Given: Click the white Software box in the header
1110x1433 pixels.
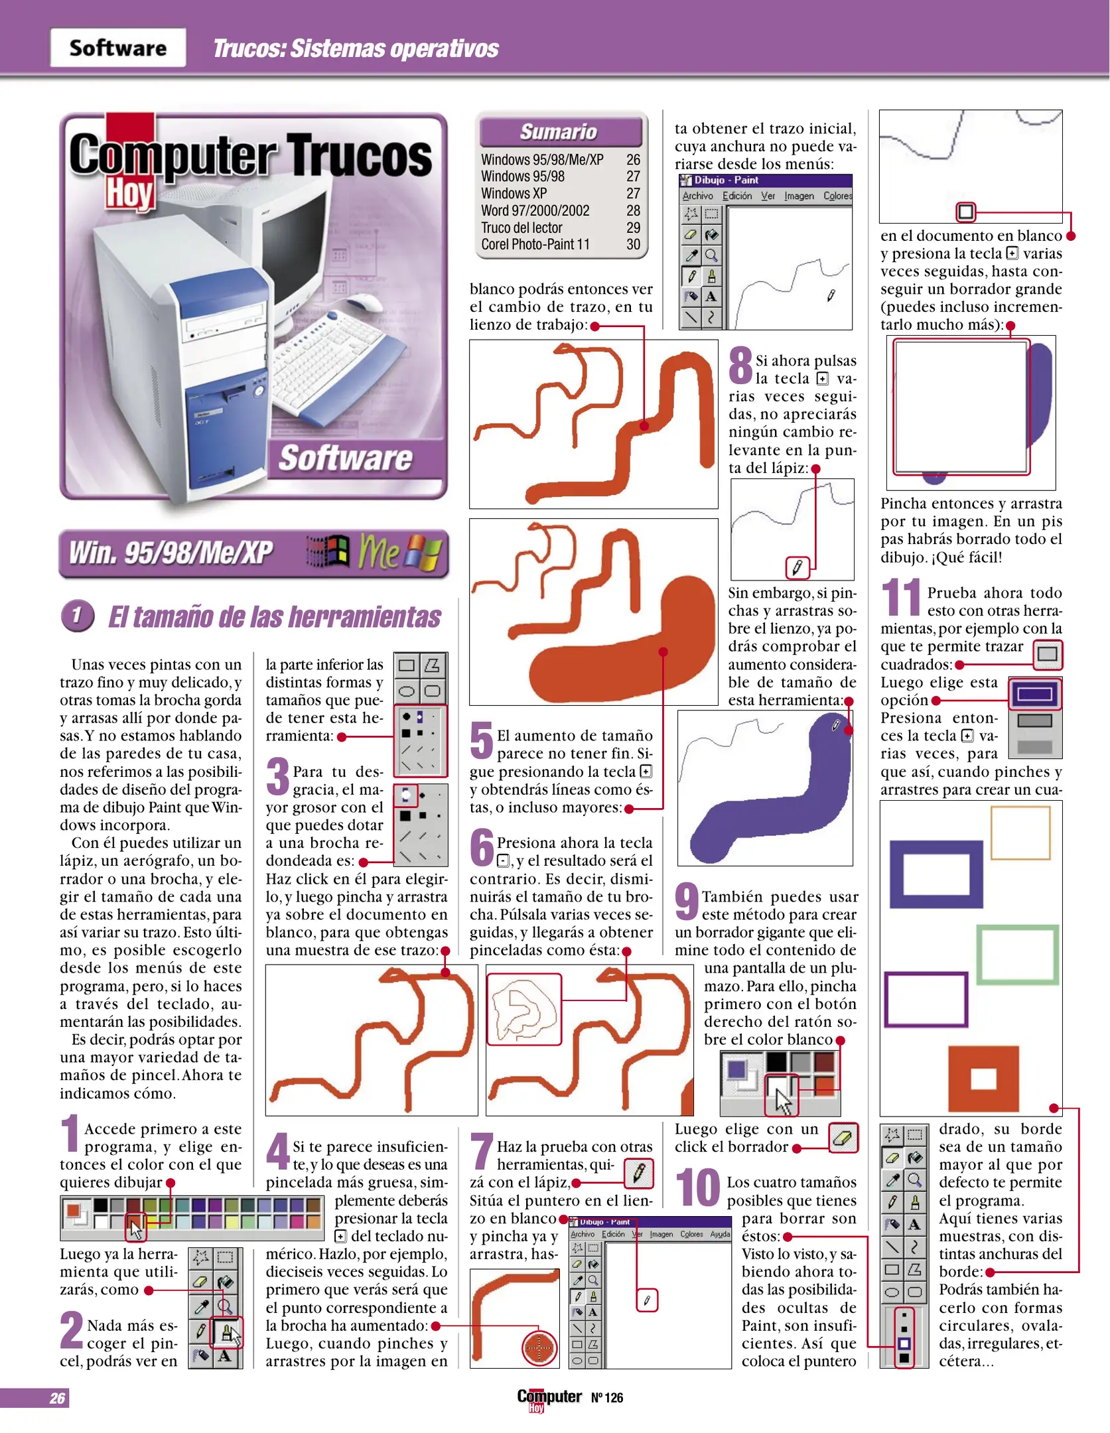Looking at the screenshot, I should pyautogui.click(x=117, y=48).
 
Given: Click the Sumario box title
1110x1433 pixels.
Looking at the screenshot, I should pyautogui.click(x=559, y=131).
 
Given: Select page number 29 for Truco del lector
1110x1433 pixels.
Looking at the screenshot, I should pyautogui.click(x=633, y=228).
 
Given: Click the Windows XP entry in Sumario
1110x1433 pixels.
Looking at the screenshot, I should pyautogui.click(x=514, y=194).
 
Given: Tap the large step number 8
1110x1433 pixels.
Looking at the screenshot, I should pyautogui.click(x=740, y=366).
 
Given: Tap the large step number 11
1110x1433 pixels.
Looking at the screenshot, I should pyautogui.click(x=900, y=597).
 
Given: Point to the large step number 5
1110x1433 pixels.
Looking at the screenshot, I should pyautogui.click(x=482, y=740).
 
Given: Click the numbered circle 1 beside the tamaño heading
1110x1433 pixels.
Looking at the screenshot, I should pyautogui.click(x=78, y=616).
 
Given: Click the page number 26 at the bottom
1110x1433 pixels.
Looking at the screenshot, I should pyautogui.click(x=58, y=1399).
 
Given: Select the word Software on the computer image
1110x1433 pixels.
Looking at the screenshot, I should pyautogui.click(x=345, y=458).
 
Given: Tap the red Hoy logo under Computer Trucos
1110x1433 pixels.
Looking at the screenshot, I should pyautogui.click(x=130, y=193).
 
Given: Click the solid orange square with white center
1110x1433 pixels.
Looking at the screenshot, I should pyautogui.click(x=983, y=1078).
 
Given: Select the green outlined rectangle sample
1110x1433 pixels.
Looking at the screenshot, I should pyautogui.click(x=1017, y=955).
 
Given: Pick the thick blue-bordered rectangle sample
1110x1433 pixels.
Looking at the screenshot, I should pyautogui.click(x=936, y=874).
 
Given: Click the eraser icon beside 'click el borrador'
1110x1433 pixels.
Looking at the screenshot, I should pyautogui.click(x=843, y=1138).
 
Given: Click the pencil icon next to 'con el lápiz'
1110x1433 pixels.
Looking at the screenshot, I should pyautogui.click(x=639, y=1174).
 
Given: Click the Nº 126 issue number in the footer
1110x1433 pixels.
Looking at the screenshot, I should pyautogui.click(x=607, y=1398).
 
